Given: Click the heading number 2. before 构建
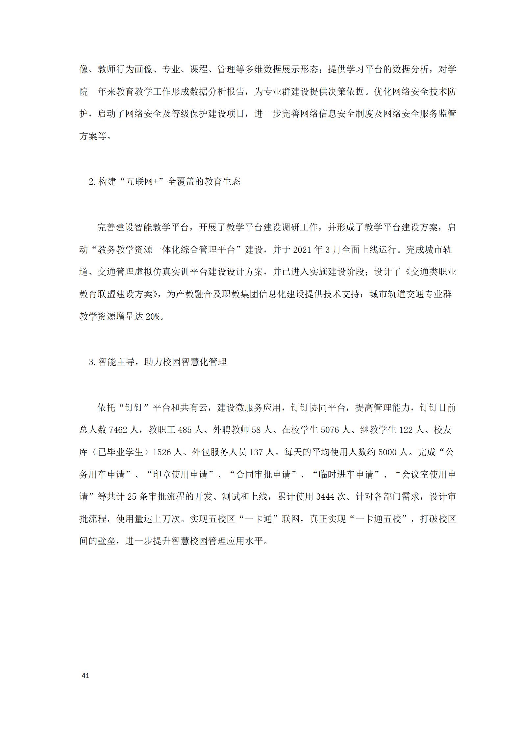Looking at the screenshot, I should [92, 182].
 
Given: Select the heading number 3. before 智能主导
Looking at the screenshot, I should [92, 362].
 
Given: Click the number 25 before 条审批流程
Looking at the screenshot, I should [132, 497].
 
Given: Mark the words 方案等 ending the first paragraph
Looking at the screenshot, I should [93, 136].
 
